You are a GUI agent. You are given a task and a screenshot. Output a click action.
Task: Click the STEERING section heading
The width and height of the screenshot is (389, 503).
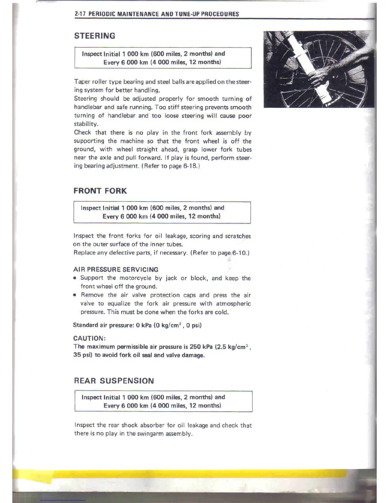pyautogui.click(x=95, y=36)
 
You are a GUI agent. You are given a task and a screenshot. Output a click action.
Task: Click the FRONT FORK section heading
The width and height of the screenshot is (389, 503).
pyautogui.click(x=100, y=191)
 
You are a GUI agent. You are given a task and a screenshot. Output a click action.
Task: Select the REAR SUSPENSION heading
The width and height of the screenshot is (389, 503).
pyautogui.click(x=114, y=381)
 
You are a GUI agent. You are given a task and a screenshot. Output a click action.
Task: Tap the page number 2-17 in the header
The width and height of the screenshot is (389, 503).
pyautogui.click(x=80, y=14)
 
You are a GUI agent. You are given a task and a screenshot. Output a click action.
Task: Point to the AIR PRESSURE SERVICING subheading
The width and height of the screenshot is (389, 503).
pyautogui.click(x=116, y=270)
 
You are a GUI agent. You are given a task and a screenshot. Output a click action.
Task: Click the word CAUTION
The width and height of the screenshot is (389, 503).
pyautogui.click(x=89, y=338)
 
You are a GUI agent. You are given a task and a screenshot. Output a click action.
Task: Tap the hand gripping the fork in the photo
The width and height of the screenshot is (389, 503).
pyautogui.click(x=321, y=75)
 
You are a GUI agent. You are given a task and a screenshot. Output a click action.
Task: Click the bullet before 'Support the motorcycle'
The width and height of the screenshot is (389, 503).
pyautogui.click(x=75, y=278)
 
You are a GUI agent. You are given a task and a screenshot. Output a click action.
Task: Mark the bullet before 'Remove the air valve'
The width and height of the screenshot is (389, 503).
pyautogui.click(x=75, y=295)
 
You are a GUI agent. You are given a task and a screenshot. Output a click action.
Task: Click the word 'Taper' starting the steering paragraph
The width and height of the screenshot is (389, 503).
pyautogui.click(x=82, y=82)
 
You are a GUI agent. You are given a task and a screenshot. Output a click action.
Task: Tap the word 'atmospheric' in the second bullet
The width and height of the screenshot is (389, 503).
pyautogui.click(x=233, y=304)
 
